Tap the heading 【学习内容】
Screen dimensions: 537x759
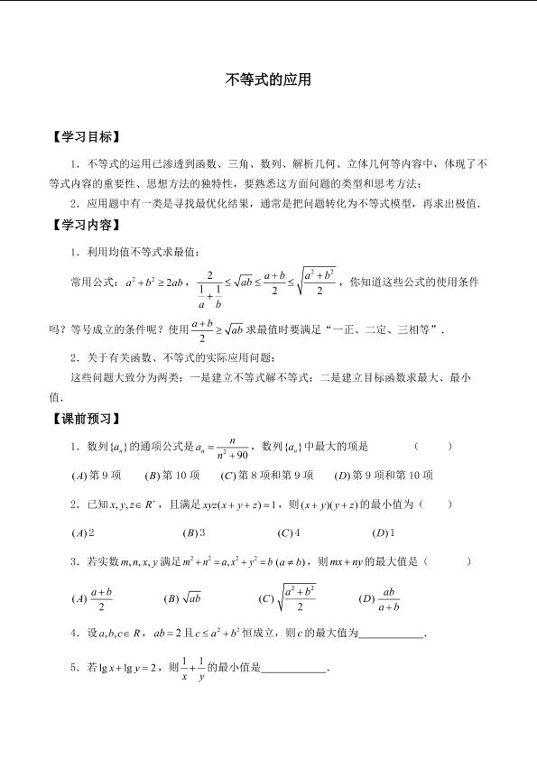[84, 226]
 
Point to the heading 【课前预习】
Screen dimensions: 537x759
[84, 419]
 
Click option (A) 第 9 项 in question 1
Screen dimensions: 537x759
[96, 475]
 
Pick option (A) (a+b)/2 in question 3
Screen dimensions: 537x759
[93, 597]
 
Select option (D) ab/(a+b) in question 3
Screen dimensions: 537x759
[379, 597]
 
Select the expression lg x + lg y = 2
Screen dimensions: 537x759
[128, 669]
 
